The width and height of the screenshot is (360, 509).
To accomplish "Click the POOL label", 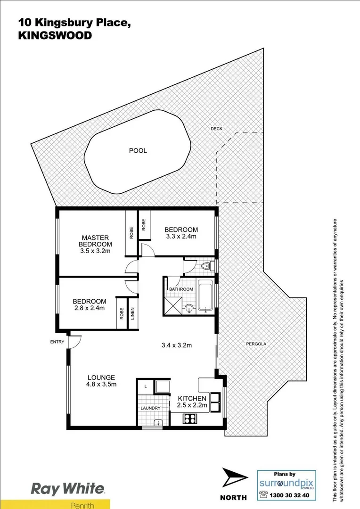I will click(138, 151).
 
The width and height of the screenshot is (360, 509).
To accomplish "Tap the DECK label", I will click(216, 129).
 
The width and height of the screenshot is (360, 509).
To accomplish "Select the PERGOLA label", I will click(256, 344).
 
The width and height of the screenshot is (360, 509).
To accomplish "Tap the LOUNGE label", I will click(101, 377).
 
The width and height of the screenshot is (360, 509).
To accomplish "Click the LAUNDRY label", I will click(150, 408).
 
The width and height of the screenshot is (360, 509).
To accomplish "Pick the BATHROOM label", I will click(181, 289).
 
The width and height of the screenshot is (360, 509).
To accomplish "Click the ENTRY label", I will click(57, 342).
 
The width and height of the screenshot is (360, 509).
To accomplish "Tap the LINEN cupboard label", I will click(132, 314).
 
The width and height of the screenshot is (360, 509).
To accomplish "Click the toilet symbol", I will click(206, 268).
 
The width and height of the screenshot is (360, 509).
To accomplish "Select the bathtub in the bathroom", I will click(206, 296).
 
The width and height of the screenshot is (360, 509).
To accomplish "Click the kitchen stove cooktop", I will click(192, 418).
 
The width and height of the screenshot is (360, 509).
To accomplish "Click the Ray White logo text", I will click(68, 489).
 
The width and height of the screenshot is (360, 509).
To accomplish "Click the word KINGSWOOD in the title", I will click(55, 35).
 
